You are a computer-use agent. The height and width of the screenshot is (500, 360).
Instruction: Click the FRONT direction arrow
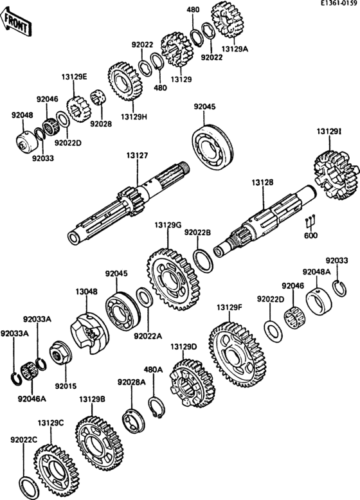coord(17,22)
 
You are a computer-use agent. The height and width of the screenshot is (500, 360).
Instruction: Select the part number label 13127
coord(137,156)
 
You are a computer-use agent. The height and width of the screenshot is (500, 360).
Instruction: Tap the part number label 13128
coord(262,183)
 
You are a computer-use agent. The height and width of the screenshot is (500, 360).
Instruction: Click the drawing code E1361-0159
coord(339,3)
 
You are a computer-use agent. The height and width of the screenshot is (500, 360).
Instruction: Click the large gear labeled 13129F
coord(238,354)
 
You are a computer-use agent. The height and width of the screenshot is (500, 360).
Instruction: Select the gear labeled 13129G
coord(174,280)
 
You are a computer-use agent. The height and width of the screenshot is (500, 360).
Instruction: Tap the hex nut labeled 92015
coord(60,354)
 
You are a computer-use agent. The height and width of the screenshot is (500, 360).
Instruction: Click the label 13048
coord(86,292)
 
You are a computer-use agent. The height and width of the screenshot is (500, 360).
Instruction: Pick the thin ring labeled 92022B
coord(203,261)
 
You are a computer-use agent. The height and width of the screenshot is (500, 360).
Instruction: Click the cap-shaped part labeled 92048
coord(27,142)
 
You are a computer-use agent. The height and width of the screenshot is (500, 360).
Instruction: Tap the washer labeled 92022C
coord(30,488)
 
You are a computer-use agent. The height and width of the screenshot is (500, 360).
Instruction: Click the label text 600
coord(311,235)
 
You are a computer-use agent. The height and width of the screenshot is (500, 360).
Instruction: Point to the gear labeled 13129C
coord(55,469)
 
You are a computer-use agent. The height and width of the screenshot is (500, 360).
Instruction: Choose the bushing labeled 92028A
coord(134,421)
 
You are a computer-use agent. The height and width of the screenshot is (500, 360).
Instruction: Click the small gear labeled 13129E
coord(78,109)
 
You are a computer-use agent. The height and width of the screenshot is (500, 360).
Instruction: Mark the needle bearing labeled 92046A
coord(29,371)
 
